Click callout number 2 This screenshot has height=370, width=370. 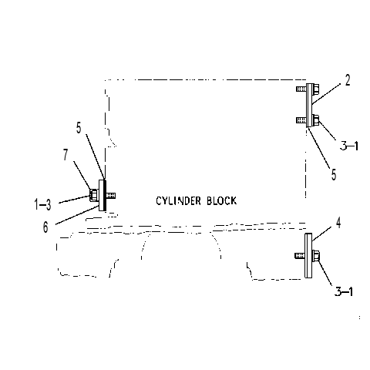point(348,80)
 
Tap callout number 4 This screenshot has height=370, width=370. point(338,223)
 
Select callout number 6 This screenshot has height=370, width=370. point(45,227)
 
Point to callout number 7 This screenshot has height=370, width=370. point(66,155)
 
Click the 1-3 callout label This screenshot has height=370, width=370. point(43,205)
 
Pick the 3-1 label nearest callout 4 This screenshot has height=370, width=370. point(344,291)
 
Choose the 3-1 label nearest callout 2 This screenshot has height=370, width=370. point(349,146)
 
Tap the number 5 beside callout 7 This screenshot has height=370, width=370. point(79,128)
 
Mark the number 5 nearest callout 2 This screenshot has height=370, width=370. point(334,175)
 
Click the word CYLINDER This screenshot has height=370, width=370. point(179,200)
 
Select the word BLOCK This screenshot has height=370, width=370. point(222,200)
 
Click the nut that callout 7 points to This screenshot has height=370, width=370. point(93,195)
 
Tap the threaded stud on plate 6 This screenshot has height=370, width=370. point(111,196)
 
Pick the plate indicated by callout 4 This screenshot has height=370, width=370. point(308,256)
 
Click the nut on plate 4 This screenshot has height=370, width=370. point(316,256)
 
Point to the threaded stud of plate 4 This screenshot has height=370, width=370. point(300,256)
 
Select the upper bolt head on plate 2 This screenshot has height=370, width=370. point(316,89)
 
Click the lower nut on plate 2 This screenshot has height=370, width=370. point(316,120)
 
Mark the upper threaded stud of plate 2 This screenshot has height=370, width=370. point(301,89)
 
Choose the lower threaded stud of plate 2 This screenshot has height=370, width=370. point(301,120)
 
